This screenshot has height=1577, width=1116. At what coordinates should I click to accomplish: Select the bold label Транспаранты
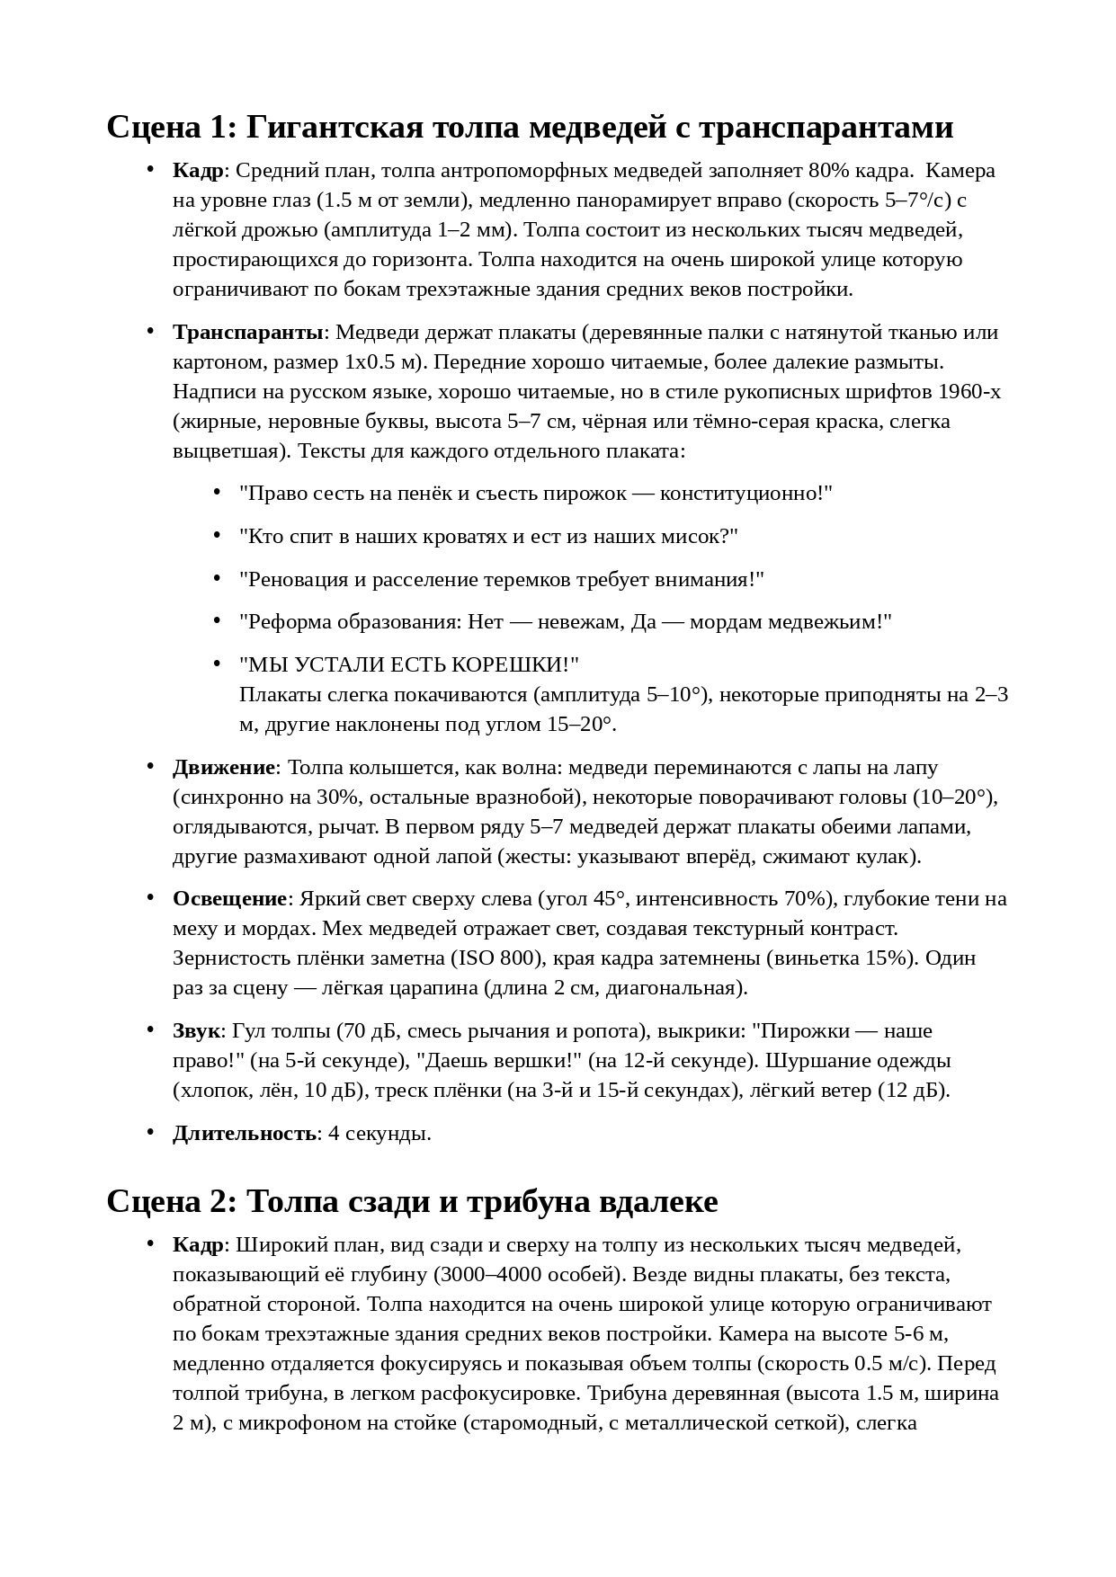pyautogui.click(x=248, y=333)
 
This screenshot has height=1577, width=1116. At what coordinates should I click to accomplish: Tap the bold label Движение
pyautogui.click(x=224, y=768)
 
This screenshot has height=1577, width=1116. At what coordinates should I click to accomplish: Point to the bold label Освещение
pyautogui.click(x=229, y=899)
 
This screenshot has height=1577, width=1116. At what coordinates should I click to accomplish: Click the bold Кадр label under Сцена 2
pyautogui.click(x=198, y=1245)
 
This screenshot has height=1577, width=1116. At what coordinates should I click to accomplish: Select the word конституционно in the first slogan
pyautogui.click(x=742, y=494)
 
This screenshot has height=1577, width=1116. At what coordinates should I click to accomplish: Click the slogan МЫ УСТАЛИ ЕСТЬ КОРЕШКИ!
pyautogui.click(x=409, y=665)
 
